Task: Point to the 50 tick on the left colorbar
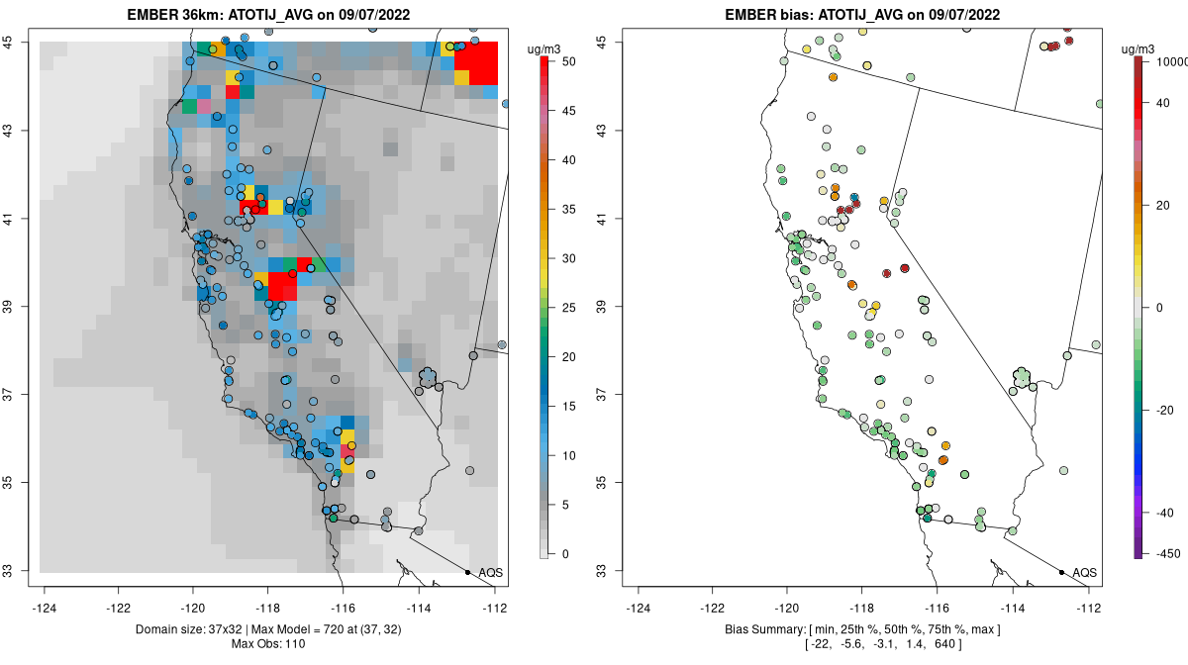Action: coord(565,62)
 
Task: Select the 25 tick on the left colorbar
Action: coord(565,308)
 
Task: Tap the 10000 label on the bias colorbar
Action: coord(1167,62)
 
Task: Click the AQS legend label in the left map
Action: coord(491,573)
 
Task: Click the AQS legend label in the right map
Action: coord(1085,573)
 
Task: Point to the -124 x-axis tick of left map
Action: coord(45,609)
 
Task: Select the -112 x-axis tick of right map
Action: coord(1089,609)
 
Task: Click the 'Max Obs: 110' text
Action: coord(268,644)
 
